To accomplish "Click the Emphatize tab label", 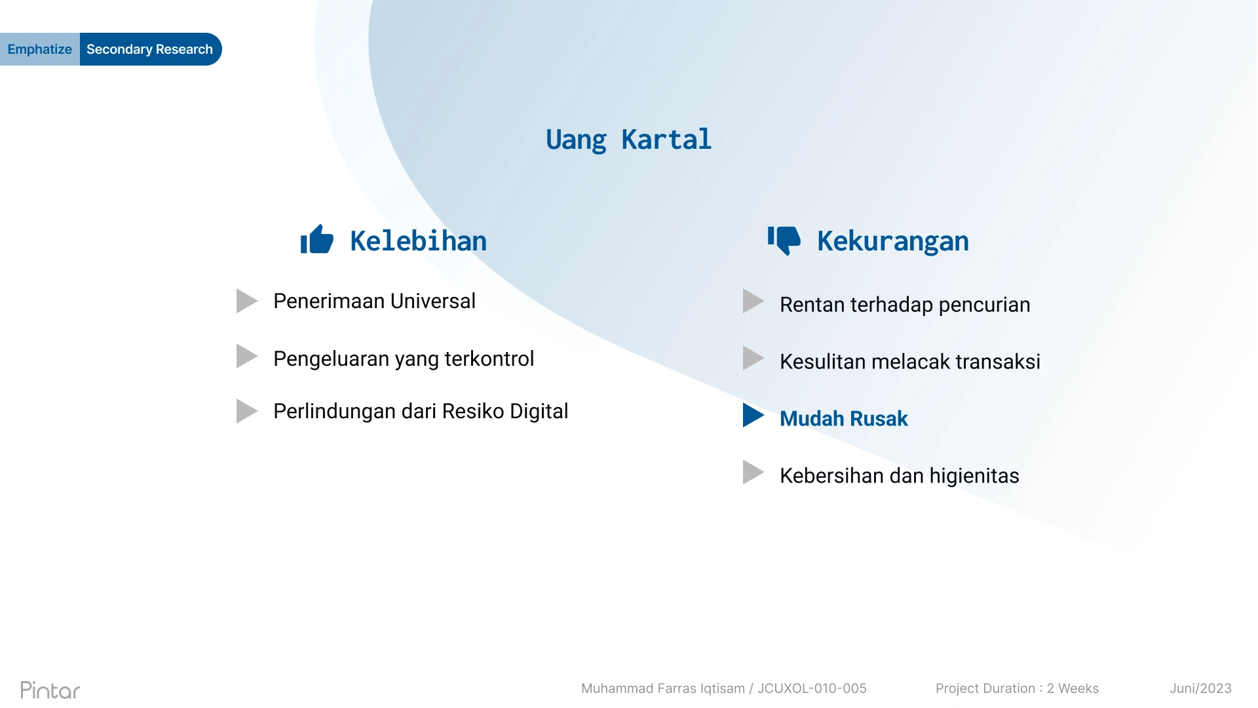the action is click(x=39, y=49).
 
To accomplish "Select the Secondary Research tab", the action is click(x=150, y=49).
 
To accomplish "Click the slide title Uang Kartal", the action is click(x=628, y=140).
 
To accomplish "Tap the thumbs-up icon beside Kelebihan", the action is click(x=317, y=239).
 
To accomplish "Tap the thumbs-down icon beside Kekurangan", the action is click(x=784, y=241).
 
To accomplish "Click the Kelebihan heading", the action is click(x=419, y=241).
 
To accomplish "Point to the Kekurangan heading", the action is click(x=893, y=241).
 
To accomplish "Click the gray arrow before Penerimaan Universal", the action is click(x=247, y=301).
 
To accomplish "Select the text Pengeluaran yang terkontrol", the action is click(x=404, y=359).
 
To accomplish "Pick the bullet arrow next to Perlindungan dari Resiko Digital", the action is click(x=247, y=411).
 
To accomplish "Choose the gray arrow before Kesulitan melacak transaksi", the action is click(x=753, y=358).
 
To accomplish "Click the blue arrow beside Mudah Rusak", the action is click(x=753, y=415).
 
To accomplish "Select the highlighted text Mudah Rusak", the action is click(x=844, y=418).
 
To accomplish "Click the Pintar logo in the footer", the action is click(x=50, y=690).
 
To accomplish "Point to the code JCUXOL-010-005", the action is click(x=812, y=688).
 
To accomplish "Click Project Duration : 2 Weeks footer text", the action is click(x=1017, y=688).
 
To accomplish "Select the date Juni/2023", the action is click(x=1200, y=688).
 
